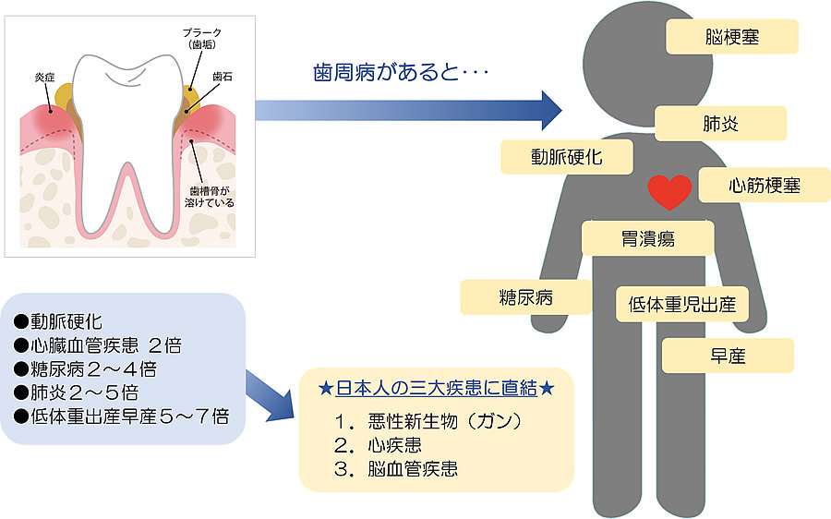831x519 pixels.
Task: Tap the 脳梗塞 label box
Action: tap(731, 38)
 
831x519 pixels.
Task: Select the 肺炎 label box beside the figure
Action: tap(720, 123)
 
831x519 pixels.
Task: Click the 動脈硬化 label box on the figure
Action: tap(566, 156)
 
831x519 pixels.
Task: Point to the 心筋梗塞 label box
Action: tap(763, 185)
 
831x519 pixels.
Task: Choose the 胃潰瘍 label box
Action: tap(648, 238)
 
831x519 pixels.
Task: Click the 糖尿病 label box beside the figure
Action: tap(525, 297)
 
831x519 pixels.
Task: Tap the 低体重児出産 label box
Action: tap(681, 303)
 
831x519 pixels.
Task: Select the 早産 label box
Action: tap(728, 356)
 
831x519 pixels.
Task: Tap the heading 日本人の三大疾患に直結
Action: tap(436, 388)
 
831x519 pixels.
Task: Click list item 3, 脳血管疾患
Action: tap(397, 468)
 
